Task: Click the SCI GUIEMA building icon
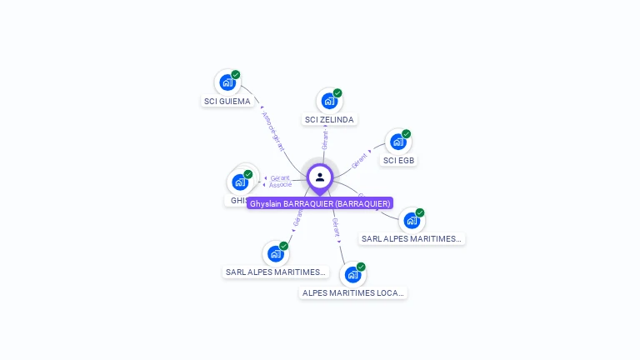point(226,82)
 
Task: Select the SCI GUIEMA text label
point(227,102)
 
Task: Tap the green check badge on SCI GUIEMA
point(236,75)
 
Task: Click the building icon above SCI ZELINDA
point(328,101)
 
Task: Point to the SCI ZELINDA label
point(329,120)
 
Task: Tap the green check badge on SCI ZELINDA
point(337,93)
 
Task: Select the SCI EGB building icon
point(397,142)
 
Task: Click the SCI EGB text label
point(398,160)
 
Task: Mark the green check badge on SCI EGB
point(407,134)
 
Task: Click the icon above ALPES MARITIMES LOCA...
point(352,274)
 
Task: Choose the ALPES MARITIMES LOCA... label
point(353,293)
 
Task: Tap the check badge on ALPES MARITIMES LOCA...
point(361,267)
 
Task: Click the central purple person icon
point(320,177)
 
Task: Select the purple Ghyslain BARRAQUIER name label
point(320,203)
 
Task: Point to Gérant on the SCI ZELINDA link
point(325,140)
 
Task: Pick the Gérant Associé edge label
point(280,181)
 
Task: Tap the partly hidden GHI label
point(237,201)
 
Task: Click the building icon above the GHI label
point(240,182)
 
